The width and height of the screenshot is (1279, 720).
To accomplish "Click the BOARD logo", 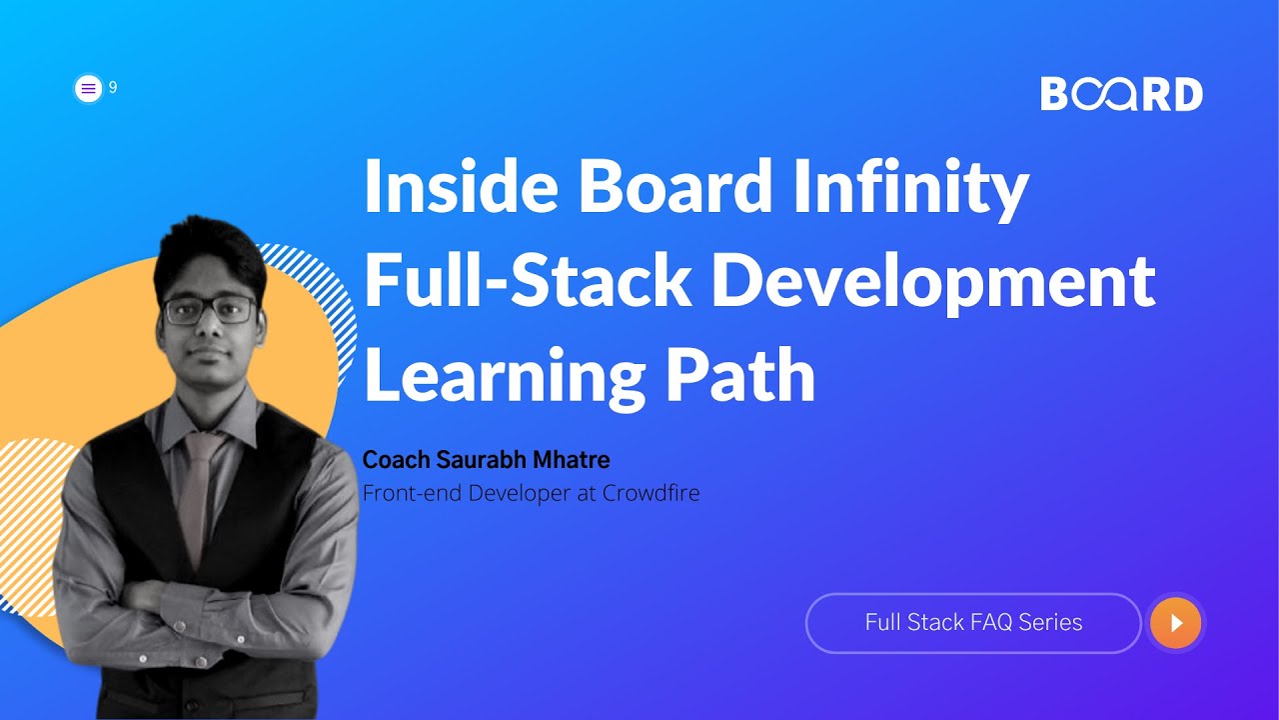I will click(x=1121, y=94).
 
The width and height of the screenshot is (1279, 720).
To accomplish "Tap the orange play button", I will click(x=1175, y=623).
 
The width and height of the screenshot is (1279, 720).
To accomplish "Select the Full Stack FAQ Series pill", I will click(x=973, y=623).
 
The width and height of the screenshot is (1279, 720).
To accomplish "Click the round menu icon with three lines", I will click(x=89, y=88).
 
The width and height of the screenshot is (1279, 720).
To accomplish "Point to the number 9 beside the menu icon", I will click(x=113, y=88).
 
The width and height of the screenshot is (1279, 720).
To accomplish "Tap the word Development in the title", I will click(x=933, y=284).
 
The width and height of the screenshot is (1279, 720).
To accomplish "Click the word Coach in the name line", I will click(x=395, y=460).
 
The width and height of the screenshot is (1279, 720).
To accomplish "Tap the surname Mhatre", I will click(x=573, y=460).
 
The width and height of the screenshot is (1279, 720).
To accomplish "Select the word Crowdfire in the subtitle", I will click(x=650, y=493).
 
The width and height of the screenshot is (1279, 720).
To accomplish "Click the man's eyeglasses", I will click(x=209, y=310).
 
